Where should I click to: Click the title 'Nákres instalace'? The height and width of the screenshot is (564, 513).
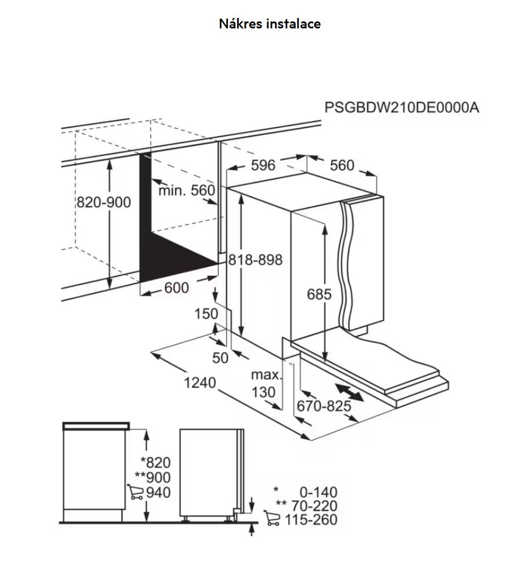tap(270, 24)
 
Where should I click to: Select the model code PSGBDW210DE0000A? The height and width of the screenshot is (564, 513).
tap(402, 107)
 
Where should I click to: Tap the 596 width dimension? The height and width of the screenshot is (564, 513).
tap(263, 165)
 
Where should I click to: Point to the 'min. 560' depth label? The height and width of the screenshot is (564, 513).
tap(187, 190)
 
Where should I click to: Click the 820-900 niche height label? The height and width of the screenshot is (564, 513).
tap(104, 202)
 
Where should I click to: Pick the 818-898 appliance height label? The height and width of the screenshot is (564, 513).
tap(256, 260)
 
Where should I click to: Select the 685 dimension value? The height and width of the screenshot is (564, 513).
tap(319, 294)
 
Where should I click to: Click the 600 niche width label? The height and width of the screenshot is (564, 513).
tap(176, 288)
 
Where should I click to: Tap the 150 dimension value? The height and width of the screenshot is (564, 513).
tap(206, 314)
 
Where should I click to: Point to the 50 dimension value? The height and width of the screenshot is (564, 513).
tap(220, 358)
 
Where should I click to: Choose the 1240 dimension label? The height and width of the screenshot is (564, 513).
tap(199, 383)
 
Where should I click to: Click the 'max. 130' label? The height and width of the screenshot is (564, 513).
tap(265, 383)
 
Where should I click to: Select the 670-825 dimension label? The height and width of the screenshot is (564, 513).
tap(324, 406)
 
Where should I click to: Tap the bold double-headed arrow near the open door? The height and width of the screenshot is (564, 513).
tap(349, 392)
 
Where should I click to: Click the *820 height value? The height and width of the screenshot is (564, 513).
tap(155, 463)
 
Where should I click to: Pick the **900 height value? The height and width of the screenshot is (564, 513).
tap(152, 477)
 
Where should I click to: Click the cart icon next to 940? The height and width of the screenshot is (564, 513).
tap(135, 492)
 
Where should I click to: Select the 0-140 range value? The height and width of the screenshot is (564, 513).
tap(318, 492)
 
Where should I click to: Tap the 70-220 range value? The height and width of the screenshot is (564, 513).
tap(314, 505)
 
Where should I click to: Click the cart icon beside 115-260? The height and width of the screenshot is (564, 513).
tap(272, 518)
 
